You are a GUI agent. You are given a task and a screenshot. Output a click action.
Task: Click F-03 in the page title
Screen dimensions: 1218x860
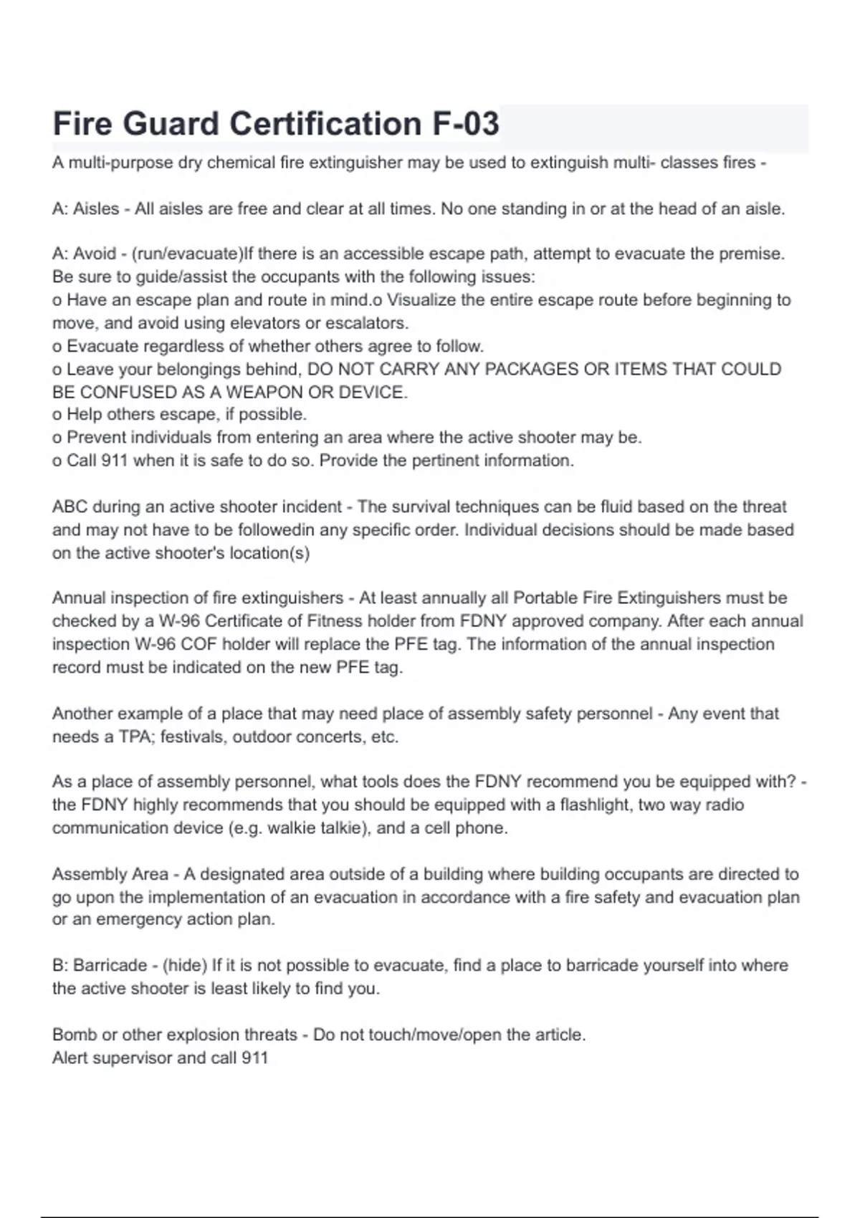(x=465, y=123)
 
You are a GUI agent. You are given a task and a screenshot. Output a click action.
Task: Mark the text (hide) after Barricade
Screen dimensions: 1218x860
(x=185, y=966)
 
